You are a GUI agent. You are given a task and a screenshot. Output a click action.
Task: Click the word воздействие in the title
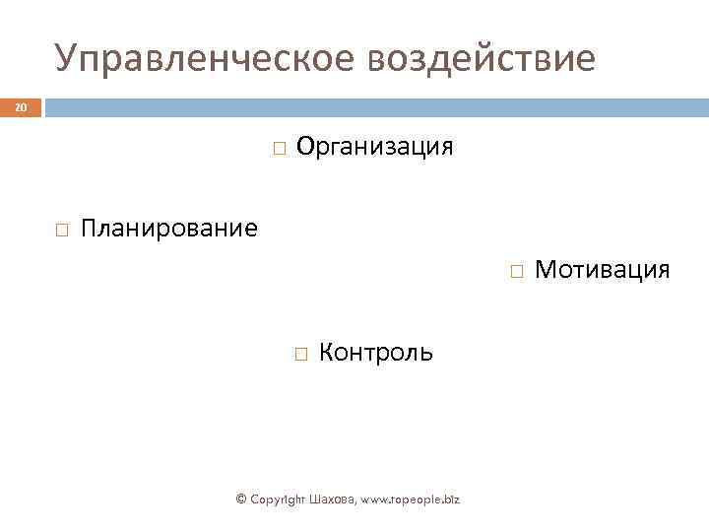click(x=482, y=59)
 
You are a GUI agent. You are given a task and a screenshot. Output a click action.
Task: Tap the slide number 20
click(x=21, y=107)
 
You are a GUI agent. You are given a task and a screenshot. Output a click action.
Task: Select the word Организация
click(x=375, y=147)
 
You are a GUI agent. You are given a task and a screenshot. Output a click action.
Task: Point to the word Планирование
click(x=169, y=230)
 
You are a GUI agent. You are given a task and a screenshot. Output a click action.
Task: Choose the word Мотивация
click(x=602, y=269)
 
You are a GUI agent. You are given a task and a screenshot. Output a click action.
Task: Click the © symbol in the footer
click(x=242, y=499)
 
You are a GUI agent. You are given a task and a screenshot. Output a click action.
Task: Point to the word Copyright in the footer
click(x=280, y=499)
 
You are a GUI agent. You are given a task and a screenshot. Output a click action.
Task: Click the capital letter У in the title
click(x=66, y=59)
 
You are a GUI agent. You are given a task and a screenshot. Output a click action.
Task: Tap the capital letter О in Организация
click(x=305, y=147)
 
